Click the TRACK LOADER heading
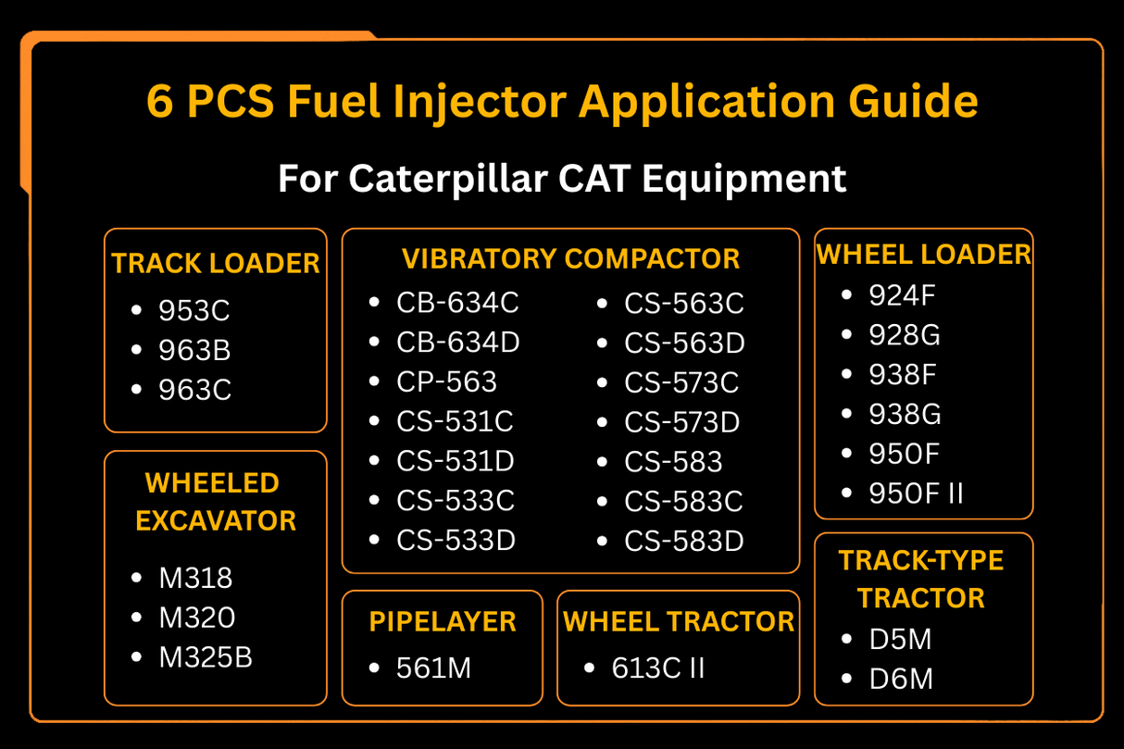point(216,264)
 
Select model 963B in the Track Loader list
point(194,351)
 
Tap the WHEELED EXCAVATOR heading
point(215,501)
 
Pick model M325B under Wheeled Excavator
point(206,657)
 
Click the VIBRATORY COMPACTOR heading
point(570,259)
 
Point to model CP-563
point(446,382)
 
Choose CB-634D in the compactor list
point(458,343)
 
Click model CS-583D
point(684,541)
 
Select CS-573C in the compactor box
point(682,382)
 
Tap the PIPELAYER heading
point(443,622)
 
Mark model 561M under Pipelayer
point(433,668)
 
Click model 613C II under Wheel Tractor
point(658,668)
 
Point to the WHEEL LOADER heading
point(924,255)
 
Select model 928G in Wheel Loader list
point(905,334)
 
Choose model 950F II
point(916,493)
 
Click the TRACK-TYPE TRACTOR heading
point(921,579)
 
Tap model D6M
point(901,680)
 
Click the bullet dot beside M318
point(137,578)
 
